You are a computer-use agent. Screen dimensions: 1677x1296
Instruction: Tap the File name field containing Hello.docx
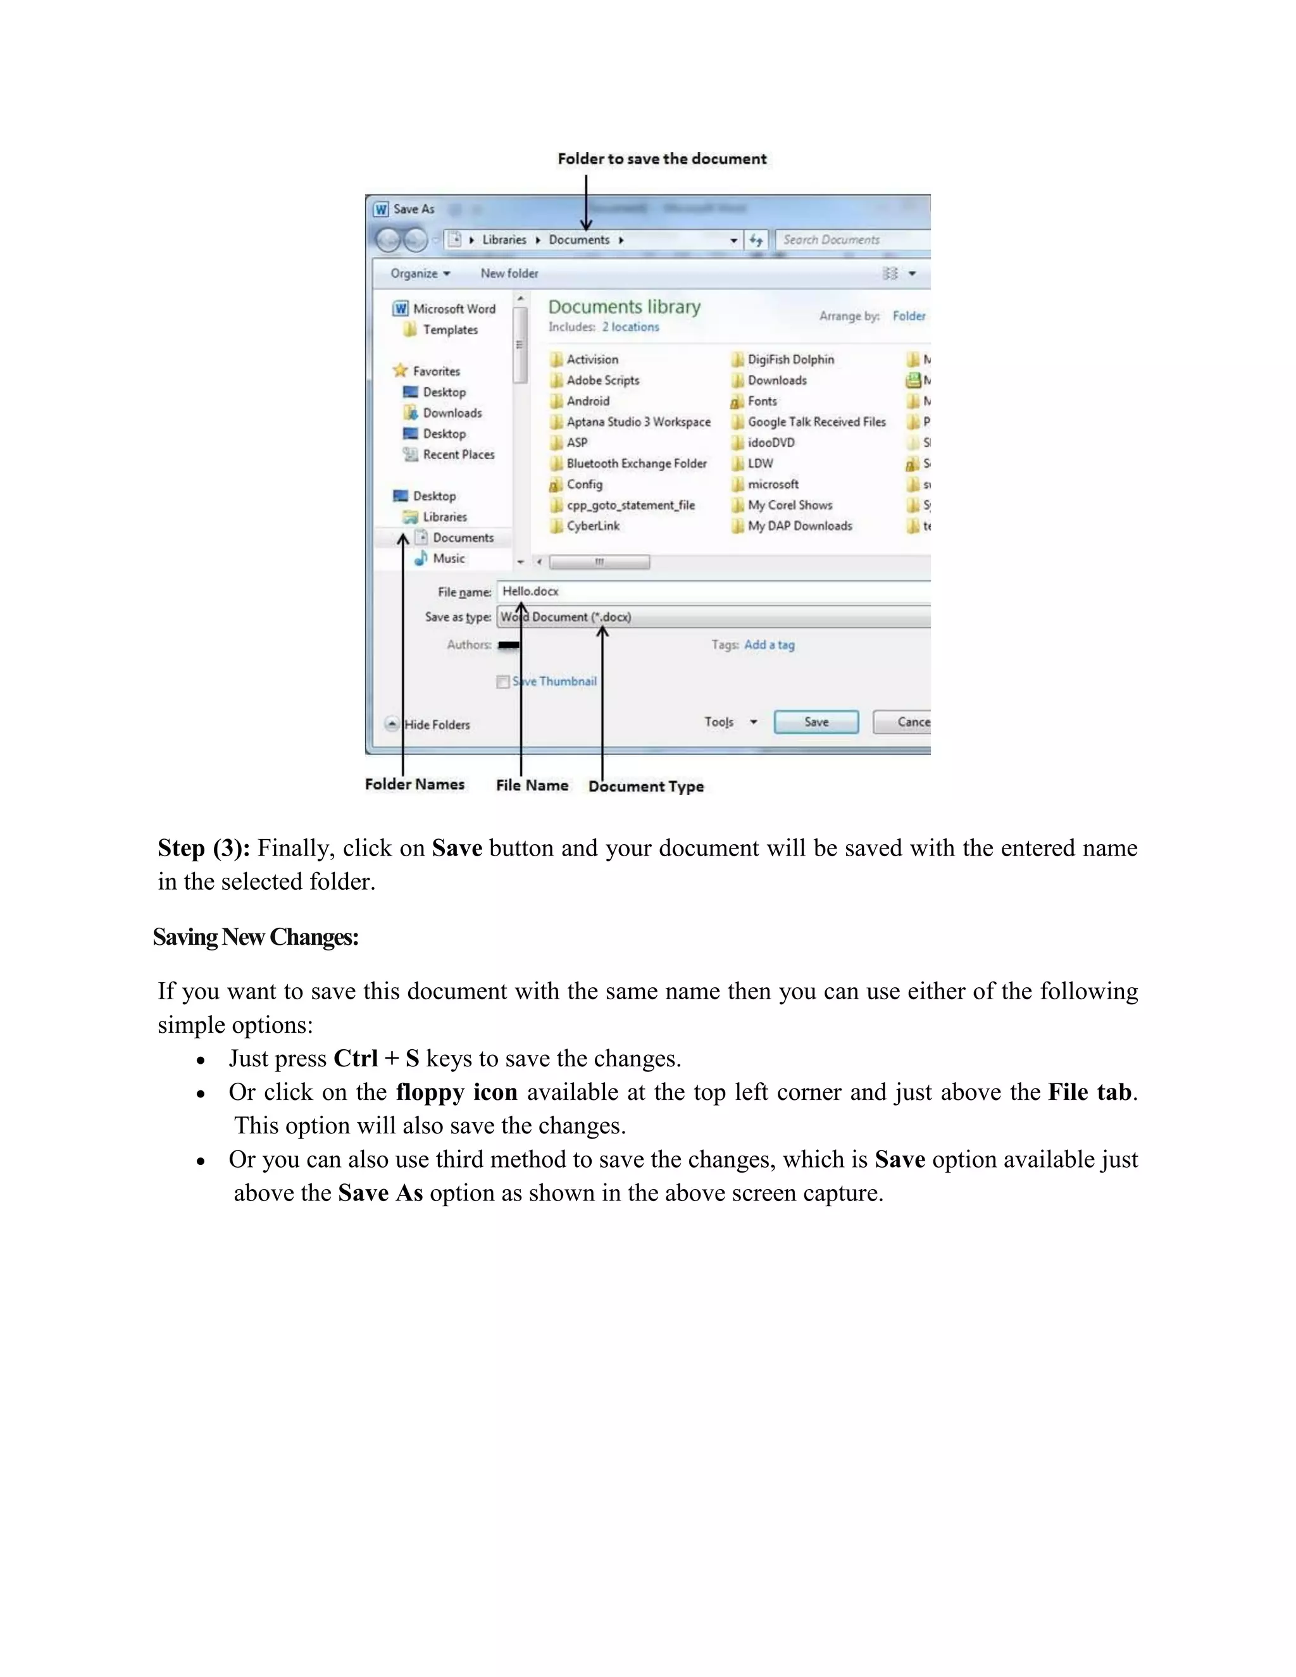pyautogui.click(x=691, y=591)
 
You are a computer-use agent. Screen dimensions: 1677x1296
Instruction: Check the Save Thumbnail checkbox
pyautogui.click(x=503, y=682)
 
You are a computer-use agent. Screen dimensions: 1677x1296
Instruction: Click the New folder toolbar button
pyautogui.click(x=509, y=273)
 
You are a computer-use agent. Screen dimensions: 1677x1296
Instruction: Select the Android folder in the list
pyautogui.click(x=587, y=401)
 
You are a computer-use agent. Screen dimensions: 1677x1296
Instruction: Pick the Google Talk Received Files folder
pyautogui.click(x=816, y=421)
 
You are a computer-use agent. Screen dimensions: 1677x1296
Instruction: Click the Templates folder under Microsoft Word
pyautogui.click(x=450, y=330)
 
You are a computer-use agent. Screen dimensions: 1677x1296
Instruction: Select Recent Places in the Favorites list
pyautogui.click(x=458, y=454)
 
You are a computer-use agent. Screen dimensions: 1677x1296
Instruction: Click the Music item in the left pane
pyautogui.click(x=449, y=558)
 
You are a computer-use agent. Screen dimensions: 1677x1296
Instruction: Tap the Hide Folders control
pyautogui.click(x=436, y=724)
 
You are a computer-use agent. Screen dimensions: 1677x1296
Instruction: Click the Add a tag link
pyautogui.click(x=769, y=645)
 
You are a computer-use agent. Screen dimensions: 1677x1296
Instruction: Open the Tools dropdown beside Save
pyautogui.click(x=730, y=722)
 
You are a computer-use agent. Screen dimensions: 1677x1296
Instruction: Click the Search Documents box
pyautogui.click(x=845, y=240)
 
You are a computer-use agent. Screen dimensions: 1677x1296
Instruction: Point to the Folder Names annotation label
pyautogui.click(x=414, y=784)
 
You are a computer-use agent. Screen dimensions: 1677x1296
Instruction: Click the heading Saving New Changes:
pyautogui.click(x=256, y=937)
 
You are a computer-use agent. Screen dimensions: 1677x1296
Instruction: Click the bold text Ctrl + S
pyautogui.click(x=377, y=1058)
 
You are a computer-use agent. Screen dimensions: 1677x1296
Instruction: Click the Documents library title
pyautogui.click(x=624, y=306)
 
